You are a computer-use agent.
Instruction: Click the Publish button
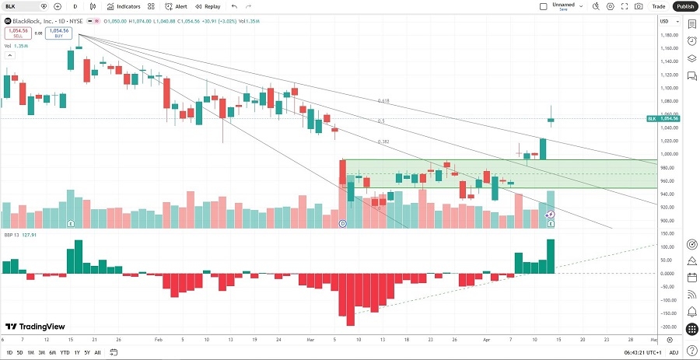coord(684,6)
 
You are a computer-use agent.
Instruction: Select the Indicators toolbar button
coord(124,6)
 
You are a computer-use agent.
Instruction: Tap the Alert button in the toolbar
coord(177,6)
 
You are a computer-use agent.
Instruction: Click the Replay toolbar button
coord(208,6)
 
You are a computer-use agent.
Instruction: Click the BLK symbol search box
coord(20,6)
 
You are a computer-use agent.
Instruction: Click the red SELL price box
coord(16,33)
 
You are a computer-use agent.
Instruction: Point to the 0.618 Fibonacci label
coord(383,101)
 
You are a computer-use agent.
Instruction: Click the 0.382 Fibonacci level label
coord(383,142)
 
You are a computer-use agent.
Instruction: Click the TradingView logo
coord(36,327)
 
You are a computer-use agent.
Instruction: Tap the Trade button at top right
coord(658,6)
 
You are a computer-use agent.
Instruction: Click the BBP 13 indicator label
coord(12,234)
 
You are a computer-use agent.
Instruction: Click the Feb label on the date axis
coord(158,340)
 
